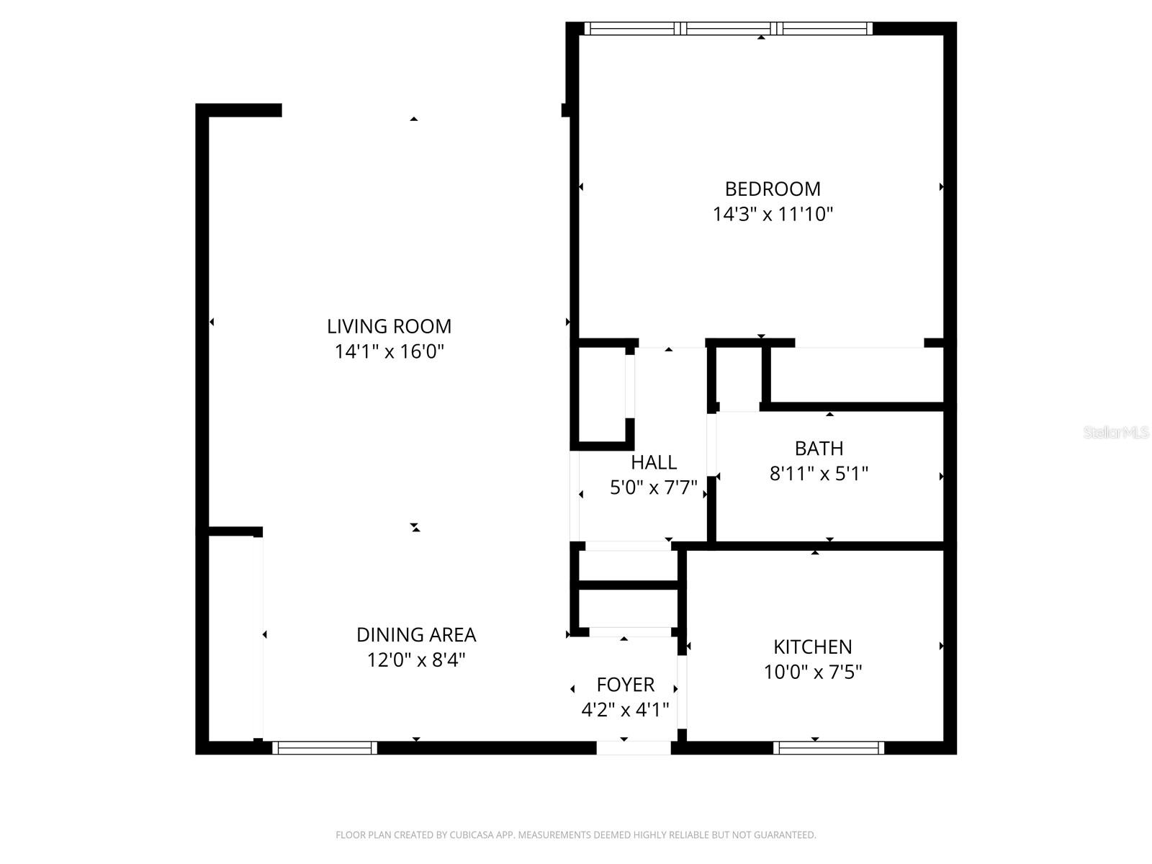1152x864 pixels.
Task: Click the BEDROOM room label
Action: (773, 189)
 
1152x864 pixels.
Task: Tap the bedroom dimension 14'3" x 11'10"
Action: (773, 214)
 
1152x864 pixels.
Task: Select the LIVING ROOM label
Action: (389, 326)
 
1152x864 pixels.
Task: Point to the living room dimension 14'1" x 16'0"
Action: (389, 351)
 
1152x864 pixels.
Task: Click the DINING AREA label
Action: (416, 634)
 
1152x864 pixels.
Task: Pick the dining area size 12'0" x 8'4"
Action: (416, 660)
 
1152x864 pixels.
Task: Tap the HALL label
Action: (654, 462)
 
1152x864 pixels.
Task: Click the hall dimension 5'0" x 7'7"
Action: (654, 487)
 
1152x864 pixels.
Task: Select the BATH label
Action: (819, 449)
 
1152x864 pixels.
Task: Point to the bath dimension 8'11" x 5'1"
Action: (819, 474)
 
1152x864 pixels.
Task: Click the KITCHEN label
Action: (813, 647)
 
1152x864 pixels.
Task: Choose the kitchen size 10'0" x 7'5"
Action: (813, 672)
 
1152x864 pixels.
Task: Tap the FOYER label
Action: (625, 684)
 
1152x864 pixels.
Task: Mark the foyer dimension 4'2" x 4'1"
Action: (625, 710)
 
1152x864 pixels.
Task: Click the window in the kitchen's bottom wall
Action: (829, 748)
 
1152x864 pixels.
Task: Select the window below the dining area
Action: (325, 748)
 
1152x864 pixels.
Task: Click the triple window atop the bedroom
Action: (728, 29)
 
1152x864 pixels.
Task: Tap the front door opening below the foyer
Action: (634, 748)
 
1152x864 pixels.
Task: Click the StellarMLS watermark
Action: (1116, 433)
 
